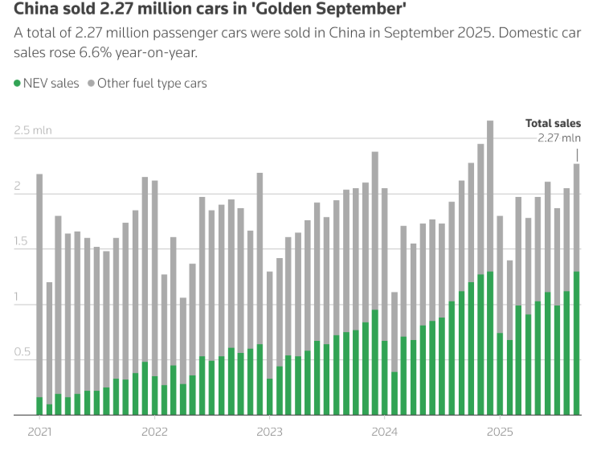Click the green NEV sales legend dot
point(17,84)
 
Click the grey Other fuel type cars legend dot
point(91,84)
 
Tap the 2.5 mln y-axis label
point(32,130)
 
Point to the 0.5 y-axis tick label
point(22,353)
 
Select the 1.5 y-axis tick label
point(22,242)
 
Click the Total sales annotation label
point(553,124)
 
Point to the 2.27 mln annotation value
point(558,137)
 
